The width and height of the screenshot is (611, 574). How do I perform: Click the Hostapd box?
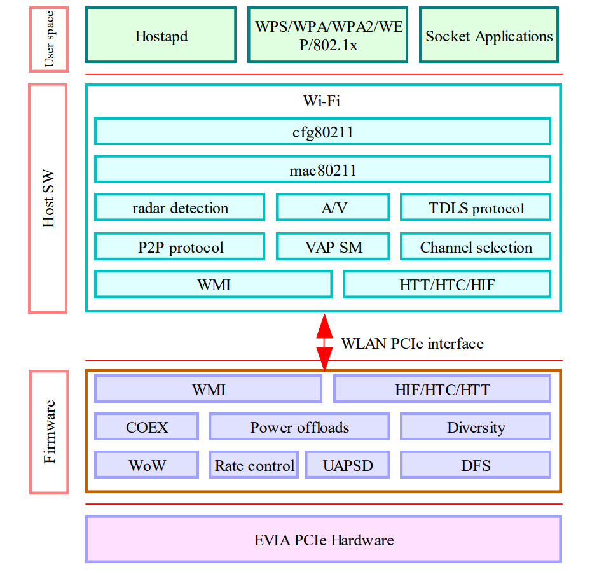(161, 36)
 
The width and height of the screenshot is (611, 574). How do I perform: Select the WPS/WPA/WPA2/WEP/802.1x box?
(327, 36)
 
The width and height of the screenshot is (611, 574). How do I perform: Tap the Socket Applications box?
(488, 36)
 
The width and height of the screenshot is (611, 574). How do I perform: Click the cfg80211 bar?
(322, 132)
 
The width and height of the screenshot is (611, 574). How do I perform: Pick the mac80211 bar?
(322, 170)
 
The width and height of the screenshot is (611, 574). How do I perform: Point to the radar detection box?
(180, 208)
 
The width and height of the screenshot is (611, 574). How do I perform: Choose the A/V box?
(333, 208)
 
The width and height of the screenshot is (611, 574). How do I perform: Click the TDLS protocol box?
(475, 208)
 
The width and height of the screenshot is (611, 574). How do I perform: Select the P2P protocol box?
(180, 247)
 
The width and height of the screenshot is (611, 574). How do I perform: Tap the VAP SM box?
(333, 247)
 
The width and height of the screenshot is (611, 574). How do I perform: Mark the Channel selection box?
(475, 247)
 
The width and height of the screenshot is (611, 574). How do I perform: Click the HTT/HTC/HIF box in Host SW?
(446, 284)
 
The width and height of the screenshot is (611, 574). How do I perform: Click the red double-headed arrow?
(324, 342)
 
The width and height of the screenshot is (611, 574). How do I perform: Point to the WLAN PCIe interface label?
(412, 344)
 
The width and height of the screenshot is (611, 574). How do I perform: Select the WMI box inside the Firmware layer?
(208, 389)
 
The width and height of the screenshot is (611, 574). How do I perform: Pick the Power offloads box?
(299, 427)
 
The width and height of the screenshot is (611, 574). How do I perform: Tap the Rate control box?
(254, 465)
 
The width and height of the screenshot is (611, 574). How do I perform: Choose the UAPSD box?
(347, 465)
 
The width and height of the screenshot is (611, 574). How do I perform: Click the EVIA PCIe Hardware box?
(324, 540)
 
